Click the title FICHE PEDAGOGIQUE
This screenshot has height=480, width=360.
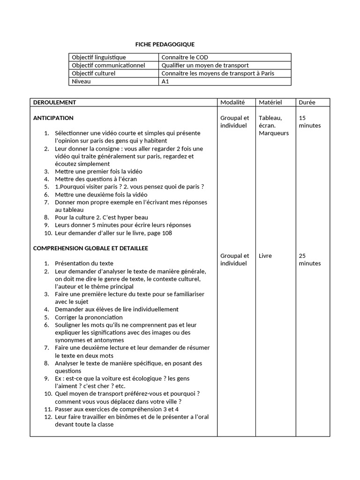coord(161,44)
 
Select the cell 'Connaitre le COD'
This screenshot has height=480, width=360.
coord(185,58)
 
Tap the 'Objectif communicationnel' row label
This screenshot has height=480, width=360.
coord(108,66)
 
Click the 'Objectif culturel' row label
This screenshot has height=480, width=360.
coord(93,74)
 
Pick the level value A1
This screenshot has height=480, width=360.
coord(165,82)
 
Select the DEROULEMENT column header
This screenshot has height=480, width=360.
coord(54,102)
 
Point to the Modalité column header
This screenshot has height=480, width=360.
coord(232,102)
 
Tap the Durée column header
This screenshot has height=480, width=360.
coord(307,102)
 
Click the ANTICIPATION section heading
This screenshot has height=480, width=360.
coord(53,118)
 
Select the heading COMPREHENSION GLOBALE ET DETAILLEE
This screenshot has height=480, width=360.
coord(90,248)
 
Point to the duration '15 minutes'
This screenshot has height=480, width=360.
coord(309,122)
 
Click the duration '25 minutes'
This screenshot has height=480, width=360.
coord(309,260)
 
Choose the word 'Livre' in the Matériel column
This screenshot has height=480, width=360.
coord(265,256)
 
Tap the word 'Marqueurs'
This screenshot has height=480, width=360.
coord(274,133)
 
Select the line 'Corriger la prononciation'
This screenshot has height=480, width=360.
coord(89,317)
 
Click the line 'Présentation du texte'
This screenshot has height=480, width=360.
coord(84,263)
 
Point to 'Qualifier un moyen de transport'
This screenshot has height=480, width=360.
coord(205,66)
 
